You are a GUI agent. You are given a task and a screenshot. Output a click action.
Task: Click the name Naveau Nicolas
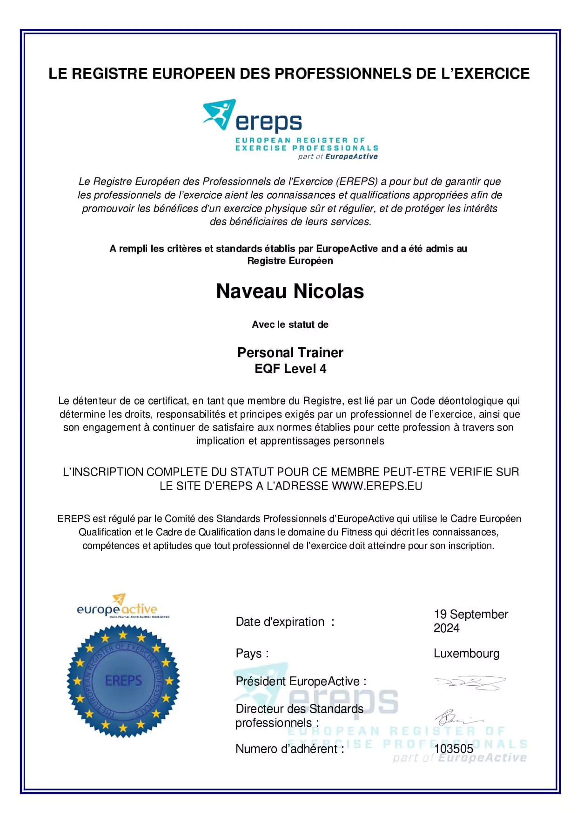[290, 291]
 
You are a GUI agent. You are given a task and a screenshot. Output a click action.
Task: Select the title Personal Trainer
[290, 352]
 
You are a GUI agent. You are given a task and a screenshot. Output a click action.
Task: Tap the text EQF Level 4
[290, 369]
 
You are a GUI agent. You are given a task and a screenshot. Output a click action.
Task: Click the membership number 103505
[453, 749]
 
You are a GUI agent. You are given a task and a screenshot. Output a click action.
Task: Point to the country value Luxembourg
[466, 654]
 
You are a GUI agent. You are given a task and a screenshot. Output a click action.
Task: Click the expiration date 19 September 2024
[470, 621]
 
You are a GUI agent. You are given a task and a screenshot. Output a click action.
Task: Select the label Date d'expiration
[280, 622]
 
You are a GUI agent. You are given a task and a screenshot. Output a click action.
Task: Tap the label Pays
[252, 654]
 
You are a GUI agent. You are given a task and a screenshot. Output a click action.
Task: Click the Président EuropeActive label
[301, 682]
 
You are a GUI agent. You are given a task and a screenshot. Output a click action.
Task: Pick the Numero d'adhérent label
[289, 749]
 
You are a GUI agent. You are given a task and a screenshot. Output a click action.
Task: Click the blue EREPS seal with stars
[123, 681]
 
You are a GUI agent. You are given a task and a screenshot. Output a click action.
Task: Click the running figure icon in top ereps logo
[219, 114]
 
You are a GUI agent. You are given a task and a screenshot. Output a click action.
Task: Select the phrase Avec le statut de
[290, 324]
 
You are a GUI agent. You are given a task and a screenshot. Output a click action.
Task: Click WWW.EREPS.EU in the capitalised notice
[377, 486]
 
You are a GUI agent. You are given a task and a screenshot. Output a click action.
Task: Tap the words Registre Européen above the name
[290, 261]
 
